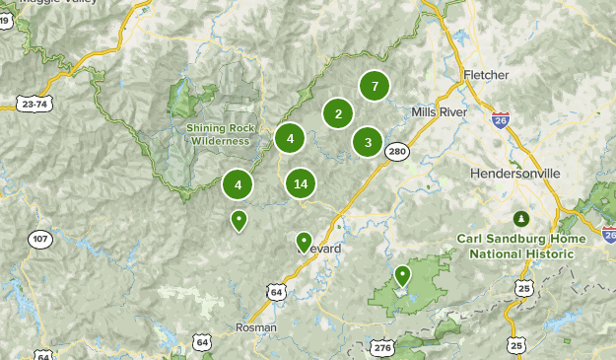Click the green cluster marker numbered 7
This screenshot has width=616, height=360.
(374, 86)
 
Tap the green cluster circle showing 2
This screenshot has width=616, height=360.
(338, 113)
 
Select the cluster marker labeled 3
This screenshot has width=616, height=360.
(368, 142)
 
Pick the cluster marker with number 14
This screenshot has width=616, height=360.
(301, 183)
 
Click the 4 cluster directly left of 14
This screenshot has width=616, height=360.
(238, 183)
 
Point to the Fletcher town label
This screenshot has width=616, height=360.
(485, 75)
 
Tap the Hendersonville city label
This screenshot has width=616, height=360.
(514, 173)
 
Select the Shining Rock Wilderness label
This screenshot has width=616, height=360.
(220, 134)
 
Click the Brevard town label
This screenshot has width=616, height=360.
(321, 249)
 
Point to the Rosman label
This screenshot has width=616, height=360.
(256, 326)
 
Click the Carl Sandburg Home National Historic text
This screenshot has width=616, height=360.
(520, 246)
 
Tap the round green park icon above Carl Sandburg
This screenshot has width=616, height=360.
(520, 218)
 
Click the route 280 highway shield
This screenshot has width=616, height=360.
(397, 151)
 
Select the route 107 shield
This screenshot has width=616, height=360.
(39, 240)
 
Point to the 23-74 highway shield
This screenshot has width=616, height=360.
(34, 102)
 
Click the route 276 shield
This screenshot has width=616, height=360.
(382, 348)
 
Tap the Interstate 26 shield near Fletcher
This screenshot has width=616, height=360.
(501, 120)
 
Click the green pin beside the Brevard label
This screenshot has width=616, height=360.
(304, 241)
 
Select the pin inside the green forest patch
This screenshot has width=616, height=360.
(402, 275)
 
